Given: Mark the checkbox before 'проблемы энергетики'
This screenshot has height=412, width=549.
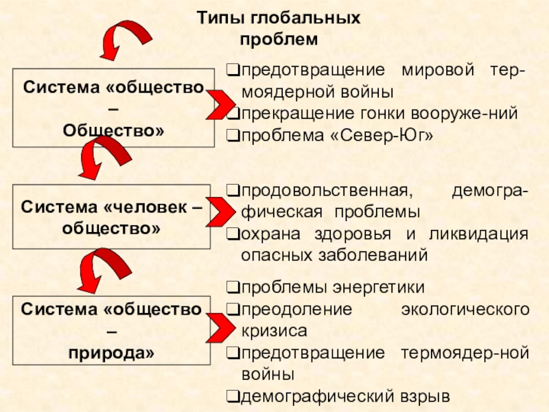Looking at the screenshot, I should coord(233,286).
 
